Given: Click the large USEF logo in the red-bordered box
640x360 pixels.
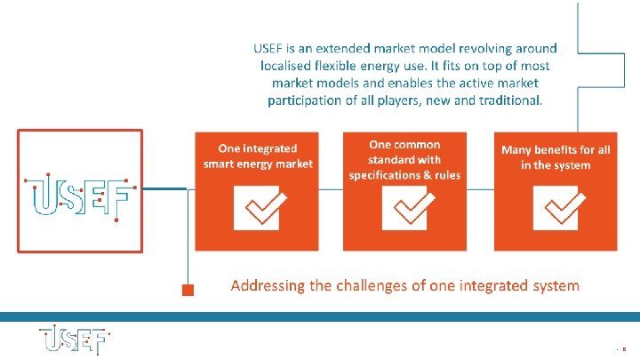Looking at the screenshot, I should pos(80,192).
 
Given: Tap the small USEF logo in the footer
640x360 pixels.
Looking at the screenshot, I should pos(74,341).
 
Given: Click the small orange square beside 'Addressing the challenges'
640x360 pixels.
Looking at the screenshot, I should pos(188,289).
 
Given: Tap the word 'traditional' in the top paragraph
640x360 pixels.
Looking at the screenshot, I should pos(508,100).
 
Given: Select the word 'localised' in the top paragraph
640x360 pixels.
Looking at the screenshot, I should pos(289,65).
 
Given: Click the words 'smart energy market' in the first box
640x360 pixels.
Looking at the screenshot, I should pos(258,164).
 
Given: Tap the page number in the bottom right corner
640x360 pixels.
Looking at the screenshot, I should pos(626,350).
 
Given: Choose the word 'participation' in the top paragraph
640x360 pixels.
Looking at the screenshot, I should pos(305,100).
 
